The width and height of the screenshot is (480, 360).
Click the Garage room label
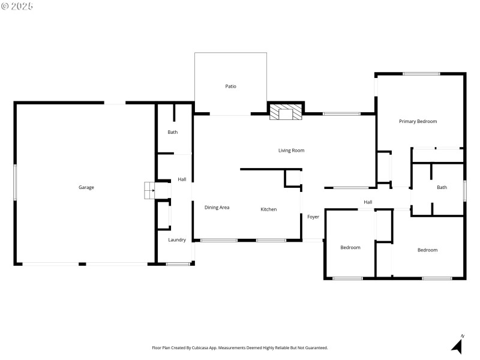click(x=86, y=187)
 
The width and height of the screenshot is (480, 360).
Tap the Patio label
click(x=230, y=86)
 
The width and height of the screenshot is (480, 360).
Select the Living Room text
click(x=291, y=151)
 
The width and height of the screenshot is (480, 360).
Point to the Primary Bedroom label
click(x=418, y=121)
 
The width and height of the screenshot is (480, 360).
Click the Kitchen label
click(x=268, y=209)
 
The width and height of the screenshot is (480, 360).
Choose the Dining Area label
click(x=217, y=208)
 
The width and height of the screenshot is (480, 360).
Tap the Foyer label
click(x=313, y=217)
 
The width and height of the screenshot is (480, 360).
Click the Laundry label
click(x=176, y=240)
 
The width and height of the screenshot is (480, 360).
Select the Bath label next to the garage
click(x=172, y=132)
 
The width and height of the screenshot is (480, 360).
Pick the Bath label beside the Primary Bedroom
click(x=442, y=187)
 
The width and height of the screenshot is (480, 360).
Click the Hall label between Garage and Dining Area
click(x=182, y=179)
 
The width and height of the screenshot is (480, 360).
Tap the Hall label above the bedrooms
click(x=368, y=202)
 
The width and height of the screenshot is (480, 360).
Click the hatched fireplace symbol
click(x=284, y=112)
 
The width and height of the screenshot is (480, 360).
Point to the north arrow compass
click(x=457, y=345)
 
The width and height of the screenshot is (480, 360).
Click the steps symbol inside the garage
click(x=148, y=191)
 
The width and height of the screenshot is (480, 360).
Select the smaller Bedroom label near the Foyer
click(x=350, y=247)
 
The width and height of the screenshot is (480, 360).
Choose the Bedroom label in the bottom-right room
click(x=427, y=250)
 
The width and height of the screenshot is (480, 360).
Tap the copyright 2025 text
click(x=17, y=5)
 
